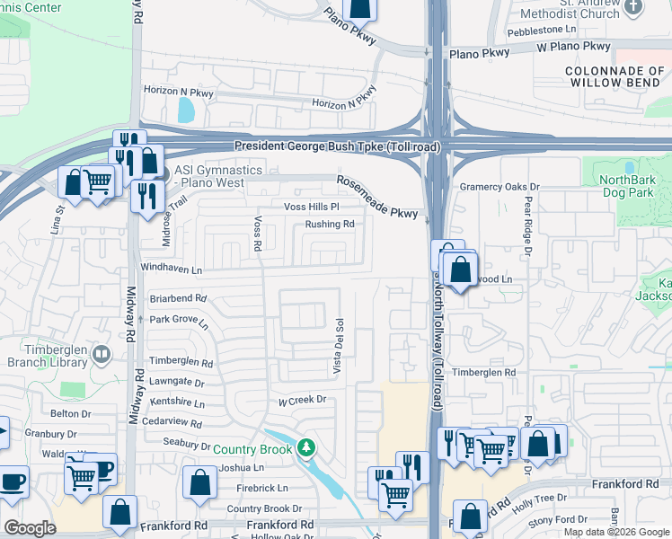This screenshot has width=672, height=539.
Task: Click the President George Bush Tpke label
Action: [x=336, y=147]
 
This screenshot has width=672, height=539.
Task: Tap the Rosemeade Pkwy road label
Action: [x=377, y=197]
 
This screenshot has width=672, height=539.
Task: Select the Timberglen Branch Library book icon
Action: [x=101, y=356]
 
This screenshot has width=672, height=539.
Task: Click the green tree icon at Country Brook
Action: [x=306, y=446]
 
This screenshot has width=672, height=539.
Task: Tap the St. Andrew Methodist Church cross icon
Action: [x=634, y=7]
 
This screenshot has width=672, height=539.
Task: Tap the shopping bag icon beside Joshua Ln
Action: [x=199, y=482]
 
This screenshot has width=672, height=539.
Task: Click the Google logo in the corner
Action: [x=31, y=528]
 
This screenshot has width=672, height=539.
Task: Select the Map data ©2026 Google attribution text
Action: [x=615, y=532]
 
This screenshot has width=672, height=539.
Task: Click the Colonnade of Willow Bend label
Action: [x=615, y=76]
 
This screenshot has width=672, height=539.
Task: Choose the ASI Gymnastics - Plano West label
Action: [x=218, y=176]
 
